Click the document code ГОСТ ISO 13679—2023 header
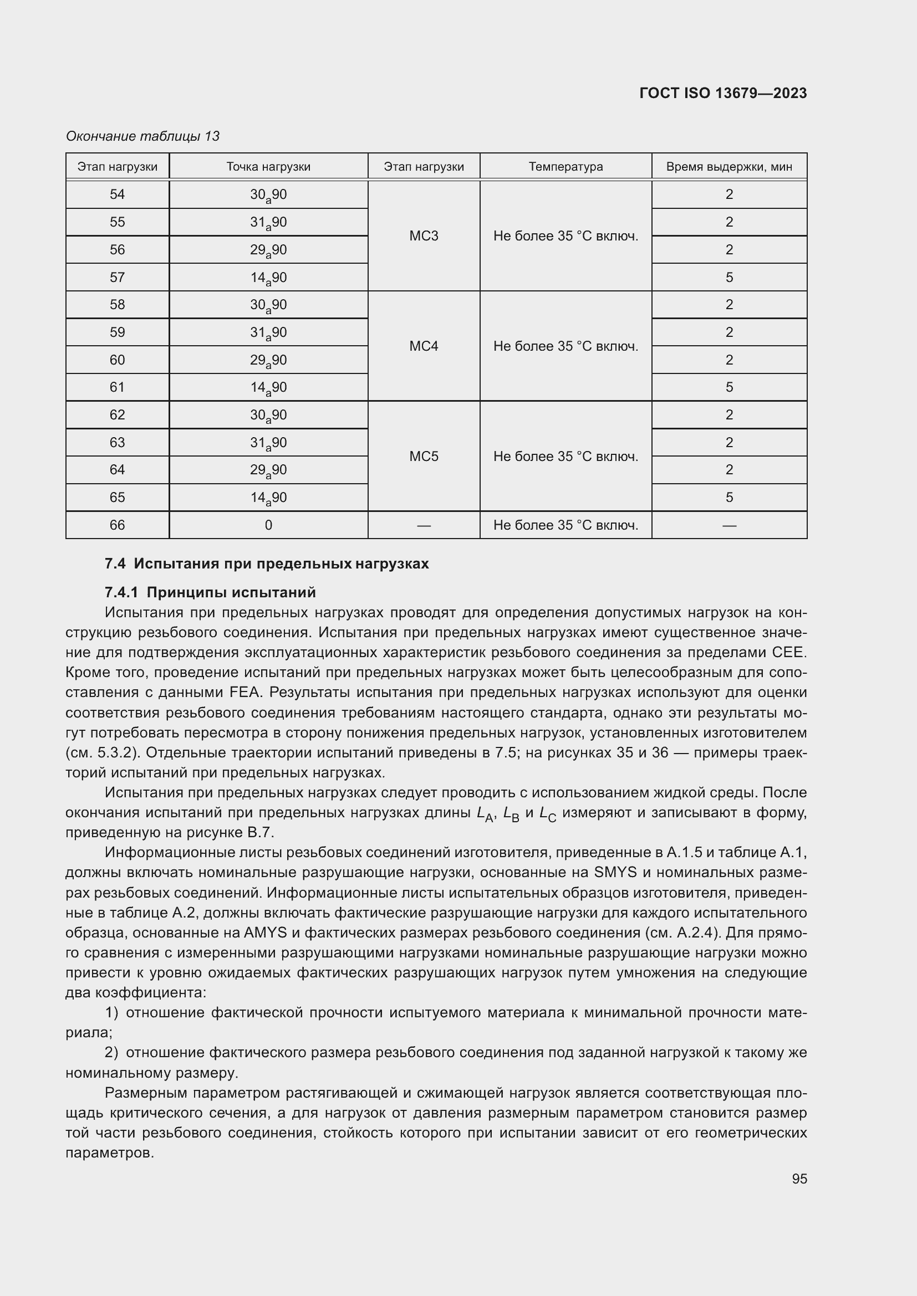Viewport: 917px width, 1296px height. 723,93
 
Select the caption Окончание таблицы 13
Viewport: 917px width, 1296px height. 142,136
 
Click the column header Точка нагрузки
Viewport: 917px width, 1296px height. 268,167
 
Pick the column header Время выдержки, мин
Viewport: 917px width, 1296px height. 728,167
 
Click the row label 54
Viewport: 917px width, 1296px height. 117,194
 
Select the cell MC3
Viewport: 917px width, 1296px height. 424,236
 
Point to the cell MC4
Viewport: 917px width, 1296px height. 424,346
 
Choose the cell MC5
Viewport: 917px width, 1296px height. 424,456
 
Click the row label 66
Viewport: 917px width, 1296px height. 117,525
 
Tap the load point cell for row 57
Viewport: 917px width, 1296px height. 268,278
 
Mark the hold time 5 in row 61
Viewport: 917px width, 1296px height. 729,387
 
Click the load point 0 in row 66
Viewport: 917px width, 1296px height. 268,525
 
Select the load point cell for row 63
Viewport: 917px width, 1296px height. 268,443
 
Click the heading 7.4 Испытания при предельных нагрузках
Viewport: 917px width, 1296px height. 267,564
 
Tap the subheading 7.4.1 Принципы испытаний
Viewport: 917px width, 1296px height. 210,592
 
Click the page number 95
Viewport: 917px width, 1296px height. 799,1179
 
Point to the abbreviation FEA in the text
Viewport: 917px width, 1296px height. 245,693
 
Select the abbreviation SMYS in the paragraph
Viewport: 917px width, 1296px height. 615,872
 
